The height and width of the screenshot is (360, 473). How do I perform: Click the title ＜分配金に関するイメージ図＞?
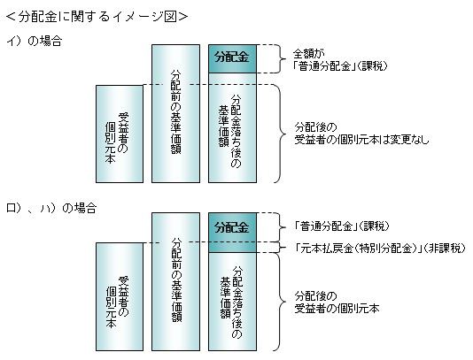[x=97, y=17]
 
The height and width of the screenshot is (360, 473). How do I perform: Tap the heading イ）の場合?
[x=34, y=41]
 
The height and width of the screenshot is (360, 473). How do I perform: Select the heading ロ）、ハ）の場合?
[x=51, y=208]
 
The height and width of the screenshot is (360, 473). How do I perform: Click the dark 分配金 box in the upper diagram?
[x=232, y=58]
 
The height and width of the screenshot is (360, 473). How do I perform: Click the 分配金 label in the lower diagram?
[x=232, y=227]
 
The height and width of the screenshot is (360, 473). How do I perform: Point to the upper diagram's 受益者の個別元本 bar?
[x=120, y=134]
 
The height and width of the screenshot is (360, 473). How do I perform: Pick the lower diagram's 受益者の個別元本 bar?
[x=120, y=296]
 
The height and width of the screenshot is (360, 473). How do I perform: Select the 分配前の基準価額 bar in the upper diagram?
[x=175, y=113]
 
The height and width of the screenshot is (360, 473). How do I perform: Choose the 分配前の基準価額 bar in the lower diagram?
[x=175, y=281]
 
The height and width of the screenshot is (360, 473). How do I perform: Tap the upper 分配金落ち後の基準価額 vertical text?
[x=230, y=131]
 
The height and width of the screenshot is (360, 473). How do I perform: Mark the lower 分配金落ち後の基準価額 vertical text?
[x=231, y=302]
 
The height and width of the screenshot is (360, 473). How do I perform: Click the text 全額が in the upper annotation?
[x=308, y=54]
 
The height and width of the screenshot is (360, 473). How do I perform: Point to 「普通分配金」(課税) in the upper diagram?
[x=340, y=66]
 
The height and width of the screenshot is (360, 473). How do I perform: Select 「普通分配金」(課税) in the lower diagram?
[x=342, y=226]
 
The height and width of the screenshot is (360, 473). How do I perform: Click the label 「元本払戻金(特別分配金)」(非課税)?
[x=380, y=249]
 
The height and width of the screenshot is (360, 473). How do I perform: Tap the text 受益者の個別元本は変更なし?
[x=361, y=140]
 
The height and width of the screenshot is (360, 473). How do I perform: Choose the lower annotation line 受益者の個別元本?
[x=337, y=309]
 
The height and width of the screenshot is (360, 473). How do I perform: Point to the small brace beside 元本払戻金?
[x=283, y=248]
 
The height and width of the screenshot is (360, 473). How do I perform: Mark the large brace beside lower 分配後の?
[x=283, y=302]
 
